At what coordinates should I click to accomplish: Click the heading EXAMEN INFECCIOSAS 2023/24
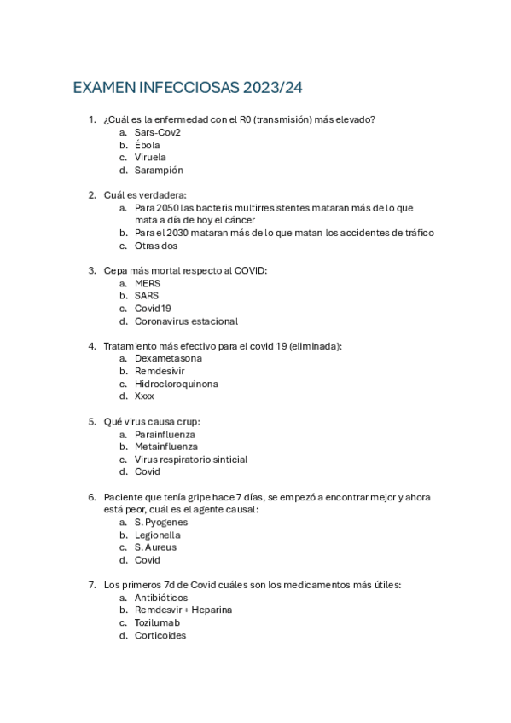pos(188,88)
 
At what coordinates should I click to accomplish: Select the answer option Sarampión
pos(159,170)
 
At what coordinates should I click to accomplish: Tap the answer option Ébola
pos(147,145)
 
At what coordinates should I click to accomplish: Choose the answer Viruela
pos(150,158)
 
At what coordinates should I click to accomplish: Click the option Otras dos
pos(156,246)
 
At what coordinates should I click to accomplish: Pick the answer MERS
pos(148,283)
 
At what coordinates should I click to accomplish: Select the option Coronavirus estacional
pos(186,321)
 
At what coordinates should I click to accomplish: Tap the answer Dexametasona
pos(168,359)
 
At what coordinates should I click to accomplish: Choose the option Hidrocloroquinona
pos(176,384)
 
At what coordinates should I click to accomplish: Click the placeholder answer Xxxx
pos(144,396)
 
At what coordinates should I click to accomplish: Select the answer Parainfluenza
pos(165,434)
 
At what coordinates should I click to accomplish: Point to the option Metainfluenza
pos(165,447)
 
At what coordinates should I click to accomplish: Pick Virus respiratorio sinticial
pos(191,460)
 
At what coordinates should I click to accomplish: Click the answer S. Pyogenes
pos(161,522)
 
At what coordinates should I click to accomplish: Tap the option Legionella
pos(157,535)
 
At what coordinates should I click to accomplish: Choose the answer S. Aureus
pos(155,547)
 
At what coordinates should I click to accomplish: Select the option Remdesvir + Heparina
pos(183,610)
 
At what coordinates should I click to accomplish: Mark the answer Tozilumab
pos(157,622)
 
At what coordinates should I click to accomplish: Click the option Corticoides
pos(160,635)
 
